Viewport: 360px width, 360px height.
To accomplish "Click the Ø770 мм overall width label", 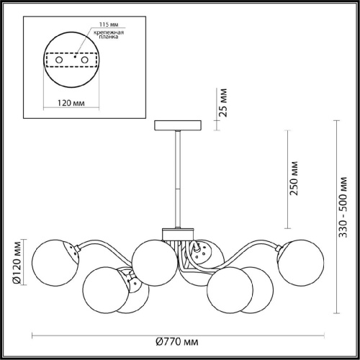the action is click(177, 341).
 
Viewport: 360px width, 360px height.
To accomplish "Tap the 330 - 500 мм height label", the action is click(343, 207).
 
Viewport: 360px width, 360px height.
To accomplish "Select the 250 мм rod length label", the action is click(293, 179).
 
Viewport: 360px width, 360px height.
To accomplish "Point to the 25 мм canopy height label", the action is click(223, 103).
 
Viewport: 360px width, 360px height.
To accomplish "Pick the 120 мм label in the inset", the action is click(71, 103).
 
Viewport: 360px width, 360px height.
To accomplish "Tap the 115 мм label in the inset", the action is click(109, 24).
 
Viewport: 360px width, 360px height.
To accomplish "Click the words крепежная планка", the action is click(109, 35).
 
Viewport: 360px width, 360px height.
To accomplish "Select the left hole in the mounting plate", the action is click(59, 60).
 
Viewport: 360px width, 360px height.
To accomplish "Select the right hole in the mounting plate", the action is click(85, 60).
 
